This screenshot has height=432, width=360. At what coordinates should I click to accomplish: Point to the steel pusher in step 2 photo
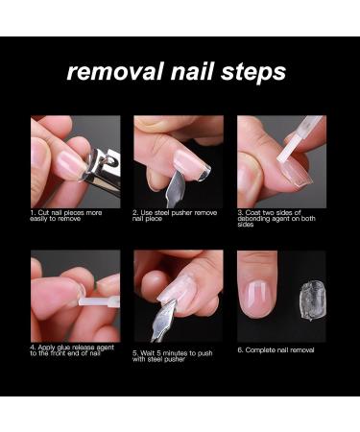click(177, 184)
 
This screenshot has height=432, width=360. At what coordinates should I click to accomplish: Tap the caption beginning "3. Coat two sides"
click(280, 219)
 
